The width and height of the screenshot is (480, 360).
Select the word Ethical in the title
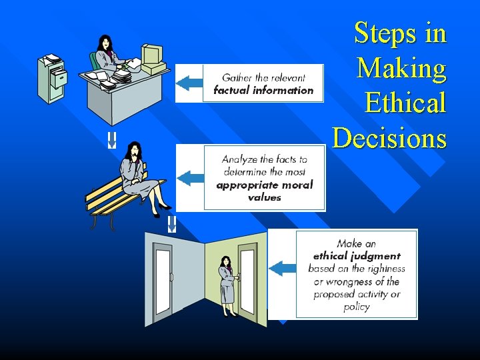(x=405, y=103)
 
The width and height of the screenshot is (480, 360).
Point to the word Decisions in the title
(x=389, y=138)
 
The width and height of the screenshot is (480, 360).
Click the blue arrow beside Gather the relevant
(x=189, y=83)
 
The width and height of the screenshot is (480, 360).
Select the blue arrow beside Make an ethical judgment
(x=283, y=268)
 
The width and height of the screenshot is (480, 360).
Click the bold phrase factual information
(x=263, y=90)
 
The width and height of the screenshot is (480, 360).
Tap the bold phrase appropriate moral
(x=265, y=185)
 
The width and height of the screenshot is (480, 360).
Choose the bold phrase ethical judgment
(x=357, y=256)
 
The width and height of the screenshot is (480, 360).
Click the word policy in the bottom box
(x=357, y=307)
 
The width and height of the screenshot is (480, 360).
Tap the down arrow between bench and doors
(x=171, y=223)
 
